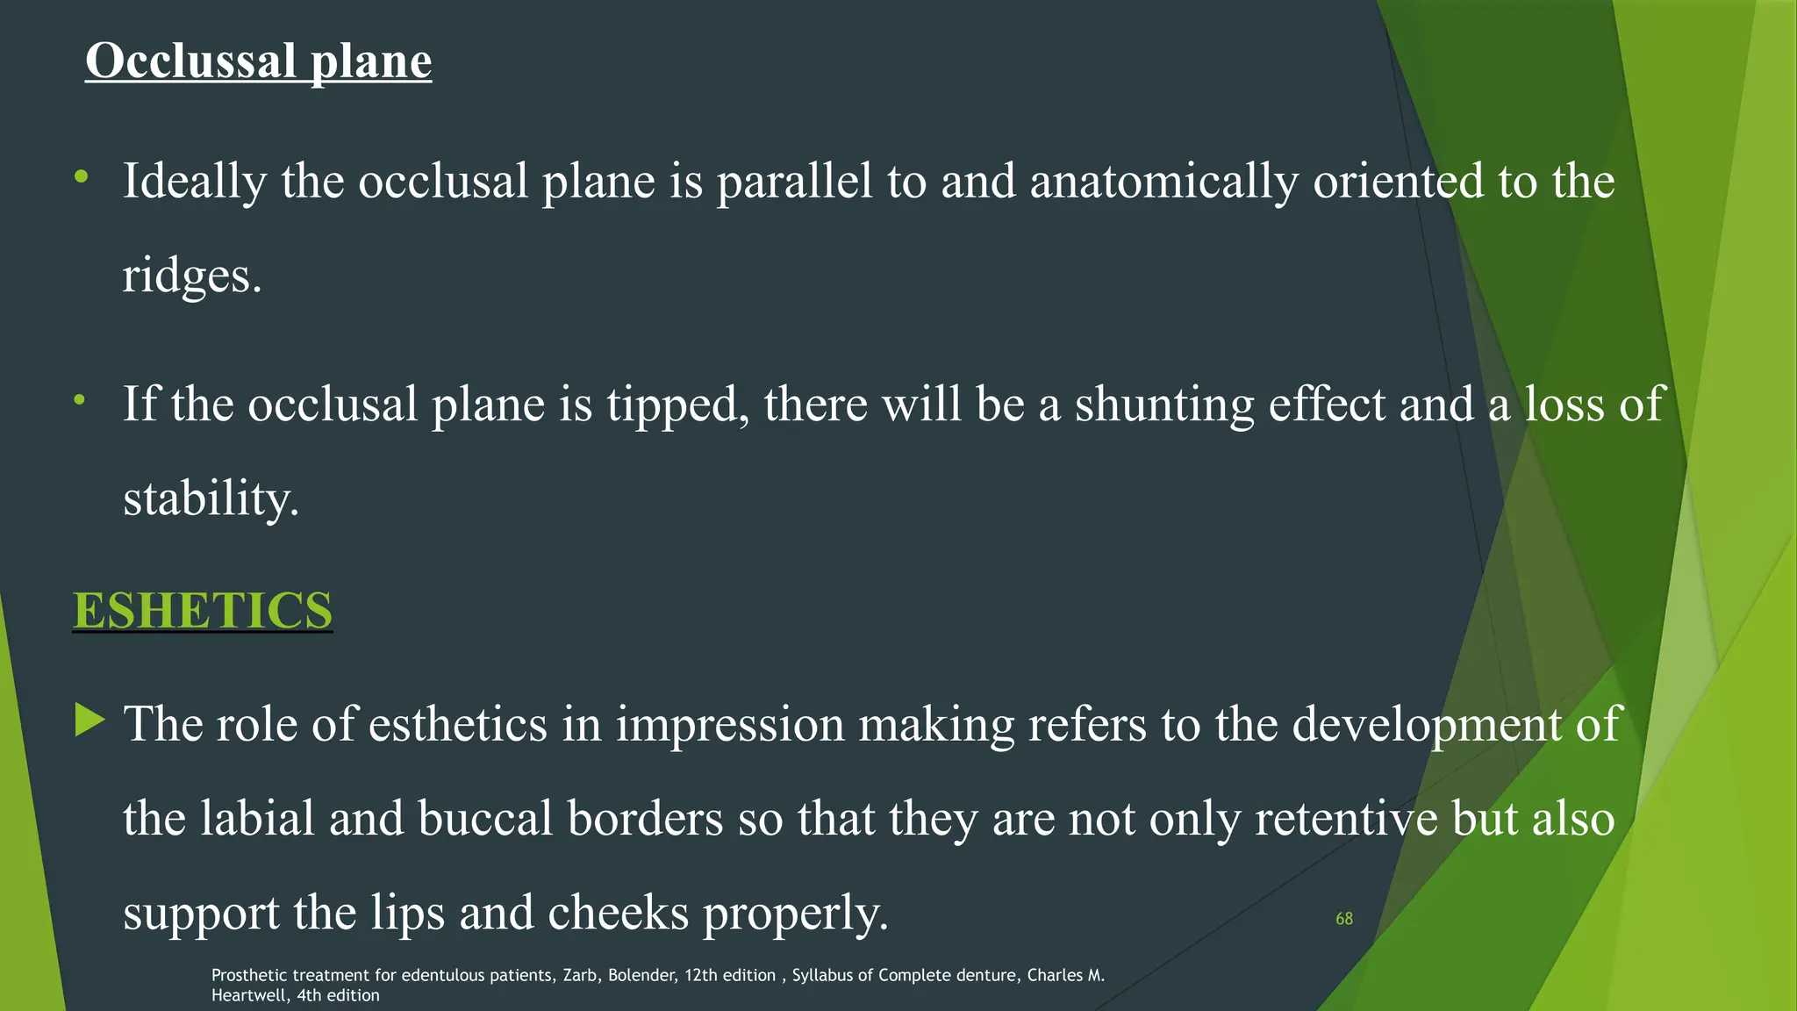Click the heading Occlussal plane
pos(258,61)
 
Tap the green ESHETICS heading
pos(203,610)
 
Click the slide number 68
pos(1343,919)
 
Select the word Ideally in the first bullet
pos(194,183)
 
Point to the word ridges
pos(191,277)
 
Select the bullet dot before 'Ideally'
pos(82,177)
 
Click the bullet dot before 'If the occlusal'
pos(80,400)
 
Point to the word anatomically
pos(1163,183)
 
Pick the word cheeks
pos(618,913)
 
